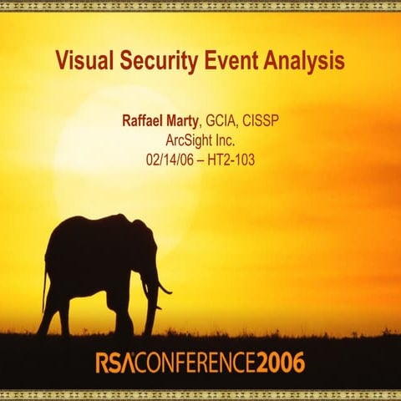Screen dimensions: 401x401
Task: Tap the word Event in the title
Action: pos(229,61)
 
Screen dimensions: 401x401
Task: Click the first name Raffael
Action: pos(145,122)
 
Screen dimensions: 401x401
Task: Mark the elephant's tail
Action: pos(44,284)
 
